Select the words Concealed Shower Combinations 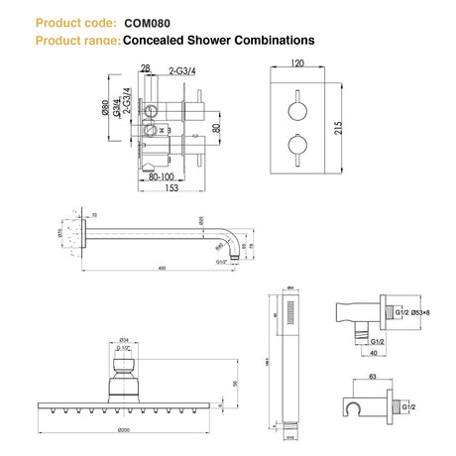pos(218,41)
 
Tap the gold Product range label pos(76,41)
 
